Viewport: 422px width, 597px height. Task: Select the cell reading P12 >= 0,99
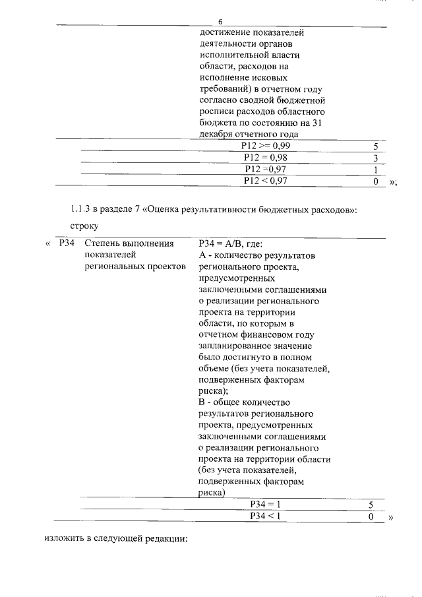tap(266, 146)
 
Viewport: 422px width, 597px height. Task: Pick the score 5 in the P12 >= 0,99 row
tap(375, 146)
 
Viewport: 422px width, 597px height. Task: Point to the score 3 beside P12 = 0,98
tap(375, 158)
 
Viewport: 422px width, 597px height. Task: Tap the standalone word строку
tap(84, 226)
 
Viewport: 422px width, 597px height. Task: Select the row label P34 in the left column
tap(67, 243)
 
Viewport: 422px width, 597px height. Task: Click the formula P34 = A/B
tap(221, 243)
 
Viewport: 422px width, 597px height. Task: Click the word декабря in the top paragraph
tap(216, 134)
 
